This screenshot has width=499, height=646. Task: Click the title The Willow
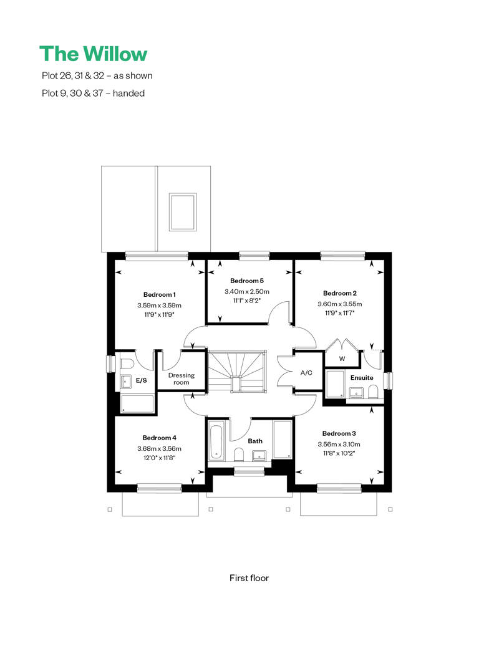tap(93, 54)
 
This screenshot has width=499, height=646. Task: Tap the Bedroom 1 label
tap(160, 294)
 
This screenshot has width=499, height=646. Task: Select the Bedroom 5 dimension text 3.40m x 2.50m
tap(247, 292)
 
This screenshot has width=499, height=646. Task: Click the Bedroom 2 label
tap(339, 293)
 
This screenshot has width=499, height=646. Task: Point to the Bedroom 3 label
tap(339, 433)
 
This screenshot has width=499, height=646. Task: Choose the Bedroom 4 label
tap(160, 438)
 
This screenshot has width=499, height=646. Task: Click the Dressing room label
tap(182, 378)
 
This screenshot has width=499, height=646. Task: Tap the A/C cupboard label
tap(306, 373)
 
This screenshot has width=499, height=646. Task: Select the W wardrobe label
tap(342, 359)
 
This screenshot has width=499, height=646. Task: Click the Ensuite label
tap(362, 378)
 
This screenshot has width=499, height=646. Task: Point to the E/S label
tap(142, 380)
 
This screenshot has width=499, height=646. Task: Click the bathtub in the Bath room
tap(216, 441)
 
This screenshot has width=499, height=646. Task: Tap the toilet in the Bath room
tap(239, 455)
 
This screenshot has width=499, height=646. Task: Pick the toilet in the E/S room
tap(125, 365)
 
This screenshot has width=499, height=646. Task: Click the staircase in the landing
tap(236, 370)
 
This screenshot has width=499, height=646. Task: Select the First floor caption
tap(249, 578)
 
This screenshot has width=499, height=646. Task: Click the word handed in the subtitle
tap(128, 93)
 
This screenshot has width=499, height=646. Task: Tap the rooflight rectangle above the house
tap(182, 212)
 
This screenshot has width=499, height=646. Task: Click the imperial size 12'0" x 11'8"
tap(160, 458)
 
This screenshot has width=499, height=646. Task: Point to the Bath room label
tap(255, 441)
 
